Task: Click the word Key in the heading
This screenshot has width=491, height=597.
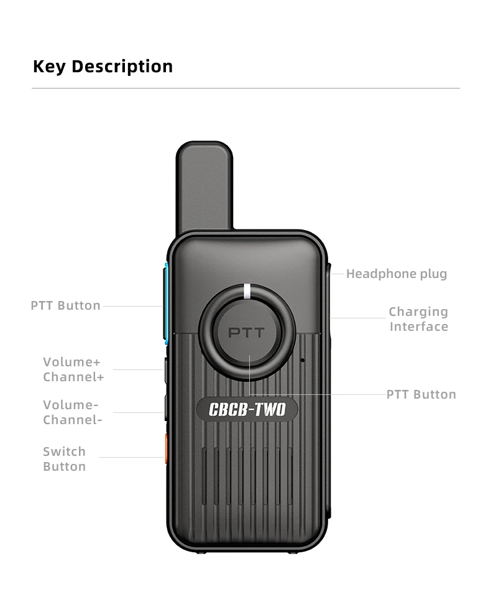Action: click(48, 67)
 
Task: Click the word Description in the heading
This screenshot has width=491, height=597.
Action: click(122, 67)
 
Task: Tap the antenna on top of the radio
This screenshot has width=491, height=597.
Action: click(204, 187)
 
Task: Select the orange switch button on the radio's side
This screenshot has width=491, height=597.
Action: click(166, 449)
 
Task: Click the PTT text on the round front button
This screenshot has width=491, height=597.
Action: click(246, 333)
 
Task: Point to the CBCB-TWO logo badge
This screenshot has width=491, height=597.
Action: click(247, 410)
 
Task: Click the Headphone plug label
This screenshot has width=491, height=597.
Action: click(396, 274)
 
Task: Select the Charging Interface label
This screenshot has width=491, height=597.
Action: click(418, 319)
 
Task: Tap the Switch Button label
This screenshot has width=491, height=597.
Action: click(64, 459)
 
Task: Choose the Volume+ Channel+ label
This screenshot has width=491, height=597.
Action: click(73, 369)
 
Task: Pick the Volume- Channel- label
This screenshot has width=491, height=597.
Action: click(72, 412)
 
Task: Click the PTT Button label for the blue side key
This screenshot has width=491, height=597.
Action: click(65, 305)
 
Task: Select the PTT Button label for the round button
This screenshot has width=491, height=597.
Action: click(421, 394)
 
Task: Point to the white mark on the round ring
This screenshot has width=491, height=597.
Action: click(247, 290)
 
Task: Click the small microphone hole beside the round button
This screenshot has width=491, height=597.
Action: click(302, 360)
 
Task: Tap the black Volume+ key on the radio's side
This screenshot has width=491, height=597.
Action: click(166, 370)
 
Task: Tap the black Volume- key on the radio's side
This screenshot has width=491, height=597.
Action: click(166, 409)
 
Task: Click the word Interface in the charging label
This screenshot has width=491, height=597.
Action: click(418, 326)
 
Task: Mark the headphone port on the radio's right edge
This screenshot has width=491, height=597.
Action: click(328, 272)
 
